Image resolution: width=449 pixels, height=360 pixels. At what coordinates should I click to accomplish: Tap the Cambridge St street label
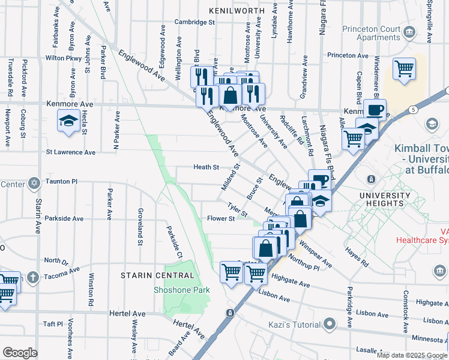point(194,22)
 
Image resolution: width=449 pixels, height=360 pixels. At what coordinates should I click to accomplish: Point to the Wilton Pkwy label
point(63,58)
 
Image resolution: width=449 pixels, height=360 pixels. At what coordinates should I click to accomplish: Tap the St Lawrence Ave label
point(71,152)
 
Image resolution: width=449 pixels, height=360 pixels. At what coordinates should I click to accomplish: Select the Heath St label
point(205,167)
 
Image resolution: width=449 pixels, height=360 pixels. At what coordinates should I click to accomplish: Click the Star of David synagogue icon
point(35,182)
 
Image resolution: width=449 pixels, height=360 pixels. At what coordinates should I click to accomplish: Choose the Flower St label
point(220,219)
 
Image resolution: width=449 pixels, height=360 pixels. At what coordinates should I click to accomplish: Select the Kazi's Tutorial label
point(295,325)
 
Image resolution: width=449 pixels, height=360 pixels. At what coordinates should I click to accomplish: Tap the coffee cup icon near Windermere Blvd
point(375,110)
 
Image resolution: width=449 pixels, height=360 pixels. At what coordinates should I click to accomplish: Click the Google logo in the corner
point(20,353)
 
